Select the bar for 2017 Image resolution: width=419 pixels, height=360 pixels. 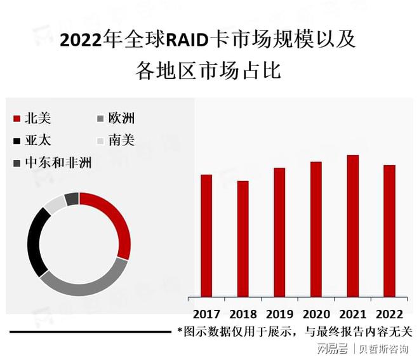tap(206, 236)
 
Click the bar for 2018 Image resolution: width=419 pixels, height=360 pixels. tap(243, 239)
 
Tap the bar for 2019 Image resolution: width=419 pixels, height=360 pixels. tap(279, 232)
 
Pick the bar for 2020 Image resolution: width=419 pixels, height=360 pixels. tap(316, 229)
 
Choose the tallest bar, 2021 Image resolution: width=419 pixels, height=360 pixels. tap(353, 226)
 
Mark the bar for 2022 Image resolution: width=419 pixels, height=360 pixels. tap(389, 231)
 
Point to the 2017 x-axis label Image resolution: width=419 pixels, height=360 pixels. tap(206, 314)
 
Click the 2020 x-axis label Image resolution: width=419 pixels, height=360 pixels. tap(316, 314)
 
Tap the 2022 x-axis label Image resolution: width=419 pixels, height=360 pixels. tap(389, 314)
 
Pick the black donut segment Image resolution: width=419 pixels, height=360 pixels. tap(34, 242)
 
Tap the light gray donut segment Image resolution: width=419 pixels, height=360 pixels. tap(55, 204)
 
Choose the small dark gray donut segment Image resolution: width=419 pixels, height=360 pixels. tap(72, 199)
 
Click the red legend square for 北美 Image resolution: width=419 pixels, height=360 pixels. tap(17, 118)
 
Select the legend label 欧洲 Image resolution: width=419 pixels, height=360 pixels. tap(121, 118)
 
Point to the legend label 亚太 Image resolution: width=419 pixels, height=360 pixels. tap(37, 140)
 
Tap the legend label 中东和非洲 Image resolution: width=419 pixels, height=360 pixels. tap(58, 163)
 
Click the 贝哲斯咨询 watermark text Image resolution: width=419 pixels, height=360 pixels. tap(383, 349)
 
